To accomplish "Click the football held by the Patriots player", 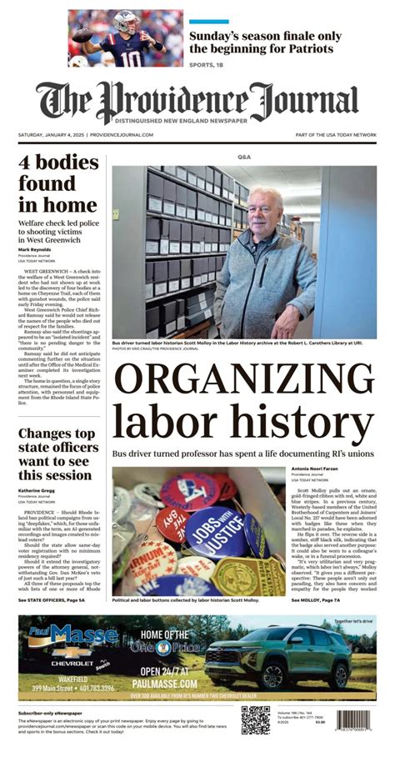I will (x=82, y=35).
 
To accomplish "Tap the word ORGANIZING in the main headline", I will (x=243, y=386).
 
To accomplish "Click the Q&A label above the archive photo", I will (x=243, y=158).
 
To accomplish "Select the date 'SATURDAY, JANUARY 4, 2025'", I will (x=51, y=134).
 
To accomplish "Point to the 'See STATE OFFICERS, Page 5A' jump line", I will (x=52, y=599).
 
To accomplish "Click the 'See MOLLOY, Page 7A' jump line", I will (x=320, y=599).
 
